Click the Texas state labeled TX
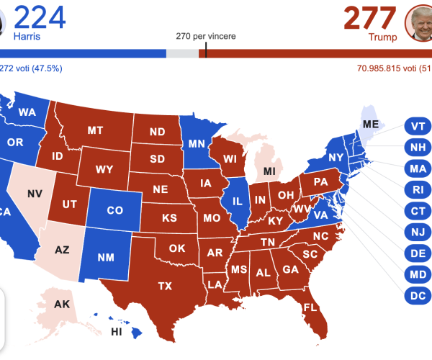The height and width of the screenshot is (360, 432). coord(165,286)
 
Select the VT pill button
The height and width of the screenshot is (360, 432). coord(417,125)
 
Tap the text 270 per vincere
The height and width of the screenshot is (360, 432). coord(205,36)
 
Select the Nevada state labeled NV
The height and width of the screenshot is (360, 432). coord(34,194)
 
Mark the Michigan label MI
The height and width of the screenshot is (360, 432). coord(269,171)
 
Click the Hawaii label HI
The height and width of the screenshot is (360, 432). coord(116,331)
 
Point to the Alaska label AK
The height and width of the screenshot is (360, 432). coord(62,305)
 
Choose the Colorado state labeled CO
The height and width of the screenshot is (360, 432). coord(114,211)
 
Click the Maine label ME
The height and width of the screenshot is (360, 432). coord(371,124)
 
